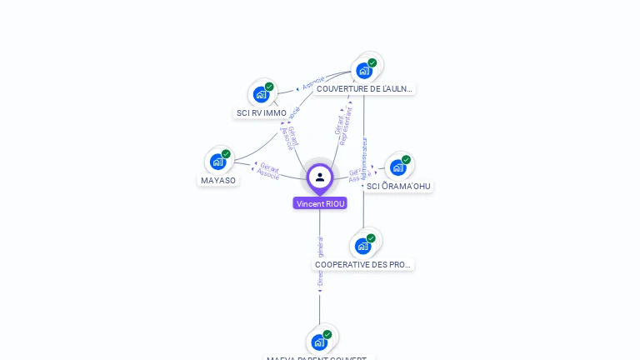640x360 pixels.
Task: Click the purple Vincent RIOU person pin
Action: [320, 177]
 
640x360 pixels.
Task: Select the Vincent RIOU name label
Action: [320, 203]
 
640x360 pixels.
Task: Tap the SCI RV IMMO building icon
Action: [262, 94]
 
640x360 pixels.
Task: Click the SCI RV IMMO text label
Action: [262, 113]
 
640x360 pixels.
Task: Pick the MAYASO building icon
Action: [218, 162]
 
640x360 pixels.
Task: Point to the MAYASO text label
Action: [218, 181]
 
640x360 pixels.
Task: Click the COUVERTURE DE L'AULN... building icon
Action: [364, 71]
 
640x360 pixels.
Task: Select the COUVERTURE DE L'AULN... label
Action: [364, 89]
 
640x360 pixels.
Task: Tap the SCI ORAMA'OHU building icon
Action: [398, 167]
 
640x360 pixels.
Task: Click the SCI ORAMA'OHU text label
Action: [399, 187]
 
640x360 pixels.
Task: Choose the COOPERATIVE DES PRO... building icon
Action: [362, 246]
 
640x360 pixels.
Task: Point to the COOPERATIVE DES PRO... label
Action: [362, 265]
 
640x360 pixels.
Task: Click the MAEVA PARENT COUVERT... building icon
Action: [319, 342]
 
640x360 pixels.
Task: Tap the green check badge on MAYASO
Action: [226, 154]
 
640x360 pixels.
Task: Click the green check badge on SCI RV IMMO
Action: [269, 87]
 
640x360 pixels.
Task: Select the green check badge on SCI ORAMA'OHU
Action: [406, 160]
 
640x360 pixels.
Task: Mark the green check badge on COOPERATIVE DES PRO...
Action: [371, 238]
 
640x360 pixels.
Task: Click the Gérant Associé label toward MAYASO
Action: [268, 172]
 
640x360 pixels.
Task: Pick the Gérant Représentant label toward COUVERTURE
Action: [343, 126]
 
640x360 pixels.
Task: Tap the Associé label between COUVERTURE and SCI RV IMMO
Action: [313, 83]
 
